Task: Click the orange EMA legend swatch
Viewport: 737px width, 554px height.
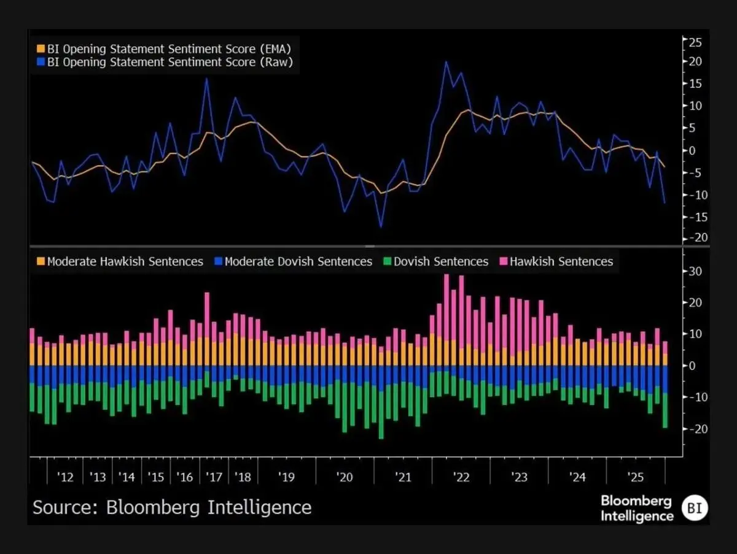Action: [41, 48]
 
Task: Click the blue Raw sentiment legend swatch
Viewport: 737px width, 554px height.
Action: [41, 62]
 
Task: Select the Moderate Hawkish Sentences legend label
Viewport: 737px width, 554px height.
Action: [125, 261]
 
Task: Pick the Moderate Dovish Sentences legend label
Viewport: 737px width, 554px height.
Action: [298, 261]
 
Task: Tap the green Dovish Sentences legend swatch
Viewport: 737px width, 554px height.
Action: [387, 261]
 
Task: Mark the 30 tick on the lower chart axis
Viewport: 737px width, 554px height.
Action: [696, 271]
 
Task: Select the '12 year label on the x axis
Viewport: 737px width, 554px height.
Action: [66, 477]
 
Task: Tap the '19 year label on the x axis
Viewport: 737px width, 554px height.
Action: [286, 477]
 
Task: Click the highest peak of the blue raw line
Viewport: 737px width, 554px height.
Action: [446, 61]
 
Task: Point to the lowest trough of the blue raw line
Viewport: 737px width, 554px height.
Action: [381, 227]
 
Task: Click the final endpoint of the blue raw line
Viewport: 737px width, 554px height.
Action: [665, 202]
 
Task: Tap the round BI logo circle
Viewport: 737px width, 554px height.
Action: [695, 508]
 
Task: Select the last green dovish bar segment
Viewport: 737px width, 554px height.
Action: [665, 410]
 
